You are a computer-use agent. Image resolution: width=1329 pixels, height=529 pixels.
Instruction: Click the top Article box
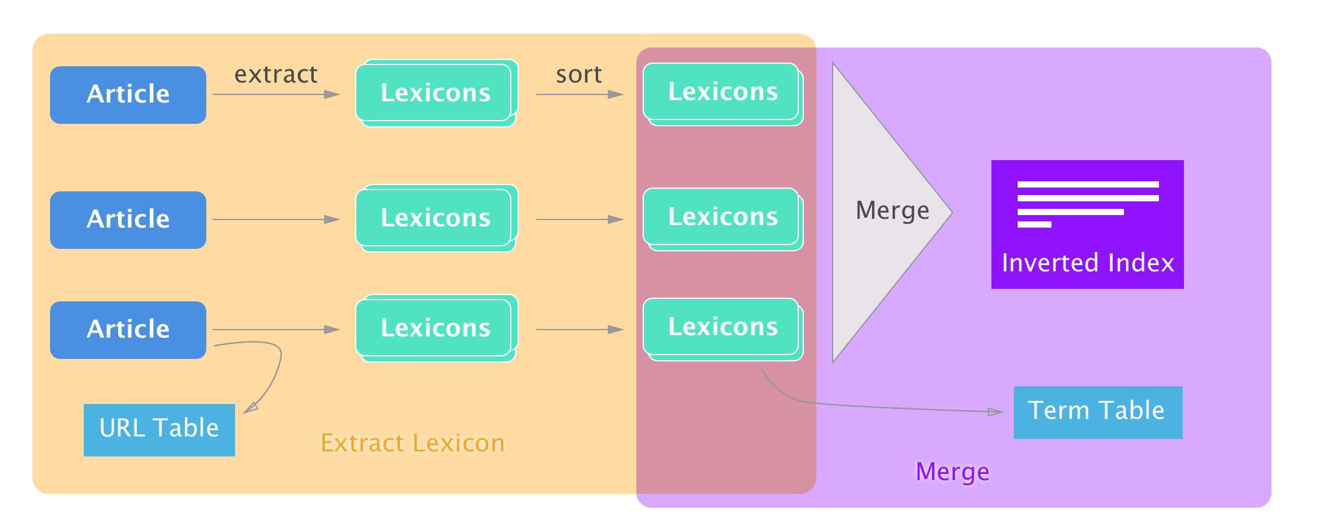point(128,95)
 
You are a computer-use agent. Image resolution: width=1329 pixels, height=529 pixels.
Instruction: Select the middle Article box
point(128,220)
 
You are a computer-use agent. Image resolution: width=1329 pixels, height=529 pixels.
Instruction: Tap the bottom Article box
point(128,330)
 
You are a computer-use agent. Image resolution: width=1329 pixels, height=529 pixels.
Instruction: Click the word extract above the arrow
point(276,74)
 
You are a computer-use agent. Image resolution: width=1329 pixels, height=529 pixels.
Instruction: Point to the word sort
point(579,74)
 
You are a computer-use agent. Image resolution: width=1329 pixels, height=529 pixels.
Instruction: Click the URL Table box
point(159,430)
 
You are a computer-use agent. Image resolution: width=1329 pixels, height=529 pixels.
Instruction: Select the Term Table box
point(1098,413)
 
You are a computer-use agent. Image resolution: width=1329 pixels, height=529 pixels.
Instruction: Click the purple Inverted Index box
point(1088,224)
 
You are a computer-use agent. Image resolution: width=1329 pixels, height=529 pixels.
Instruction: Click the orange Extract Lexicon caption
point(413,443)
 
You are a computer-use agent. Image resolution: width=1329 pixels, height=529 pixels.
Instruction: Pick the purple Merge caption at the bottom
point(953,471)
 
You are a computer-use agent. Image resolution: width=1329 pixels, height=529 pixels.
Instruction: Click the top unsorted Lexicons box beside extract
point(436,93)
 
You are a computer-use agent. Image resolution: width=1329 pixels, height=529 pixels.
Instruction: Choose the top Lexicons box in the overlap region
point(723,94)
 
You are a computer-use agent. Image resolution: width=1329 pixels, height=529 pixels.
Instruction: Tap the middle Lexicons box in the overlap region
point(723,219)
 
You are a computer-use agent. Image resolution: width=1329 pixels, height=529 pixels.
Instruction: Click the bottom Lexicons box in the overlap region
point(723,329)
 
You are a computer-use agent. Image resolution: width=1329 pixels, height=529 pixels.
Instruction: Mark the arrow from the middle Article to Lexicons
point(276,219)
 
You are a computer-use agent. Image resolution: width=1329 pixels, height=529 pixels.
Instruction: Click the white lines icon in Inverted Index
point(1088,204)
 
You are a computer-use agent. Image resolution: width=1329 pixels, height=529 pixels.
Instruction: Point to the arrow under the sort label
point(580,94)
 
